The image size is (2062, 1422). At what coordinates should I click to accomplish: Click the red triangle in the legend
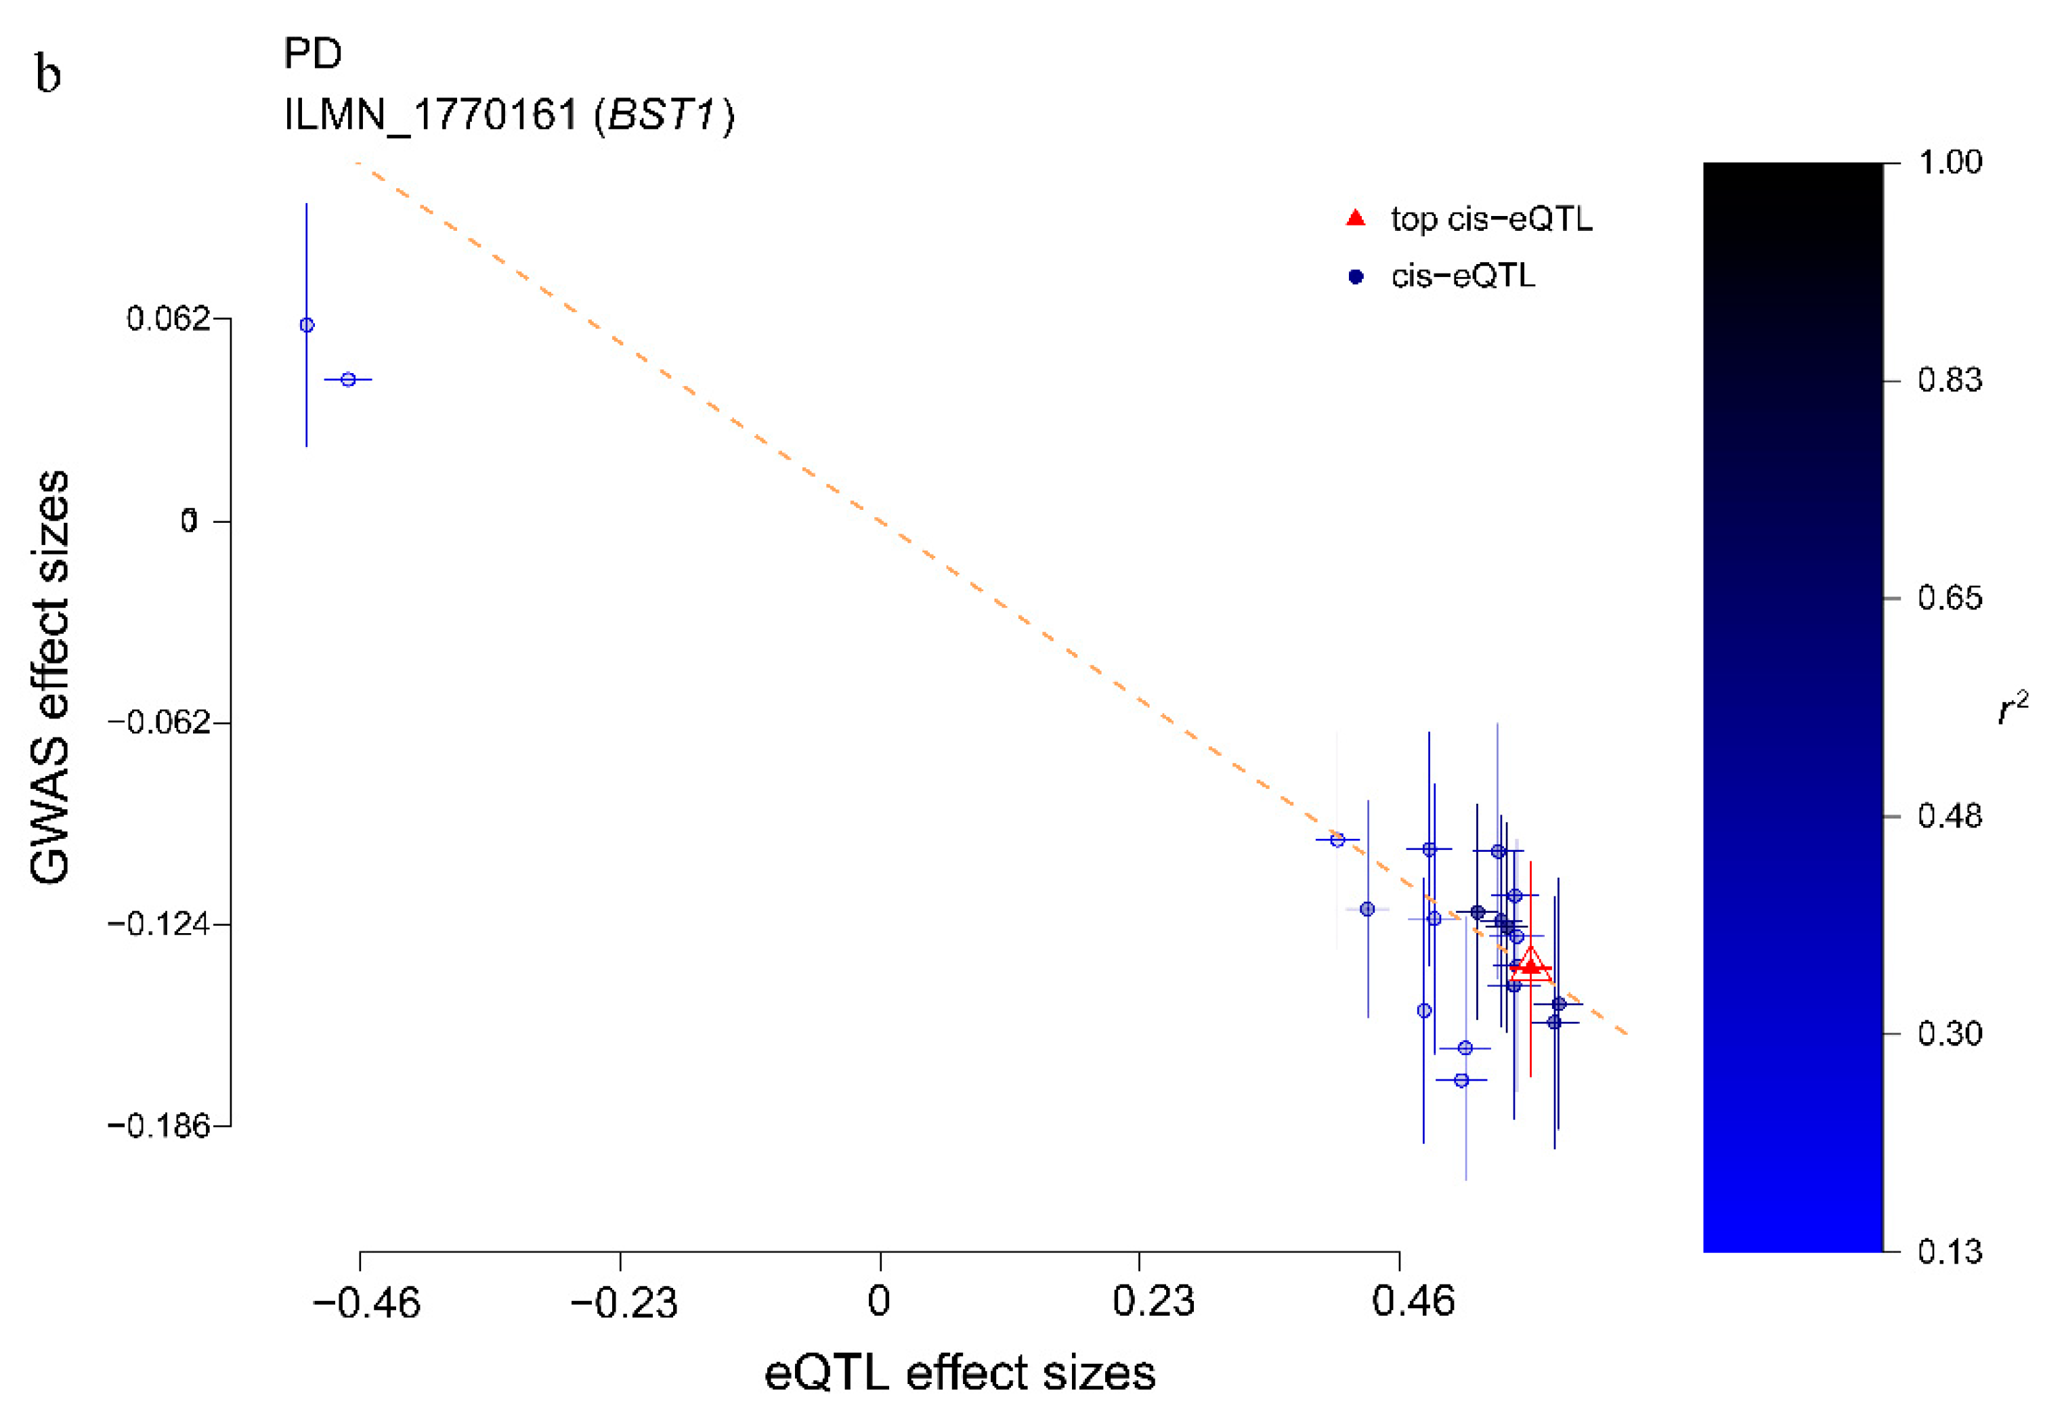point(1355,218)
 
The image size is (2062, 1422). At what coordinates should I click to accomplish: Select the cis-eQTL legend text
point(1463,276)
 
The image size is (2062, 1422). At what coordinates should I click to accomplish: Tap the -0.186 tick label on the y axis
point(158,1126)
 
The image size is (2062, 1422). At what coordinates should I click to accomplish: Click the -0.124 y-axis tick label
point(158,924)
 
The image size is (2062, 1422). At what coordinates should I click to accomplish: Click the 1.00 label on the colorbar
point(1950,162)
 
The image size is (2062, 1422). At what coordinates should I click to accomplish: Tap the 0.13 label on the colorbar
point(1950,1252)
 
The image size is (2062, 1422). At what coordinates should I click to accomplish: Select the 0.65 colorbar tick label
point(1950,598)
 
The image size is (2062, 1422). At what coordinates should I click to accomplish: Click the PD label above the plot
point(313,53)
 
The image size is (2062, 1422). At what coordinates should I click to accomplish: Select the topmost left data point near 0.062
point(307,325)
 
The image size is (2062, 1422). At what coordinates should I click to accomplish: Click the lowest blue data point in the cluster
point(1461,1080)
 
